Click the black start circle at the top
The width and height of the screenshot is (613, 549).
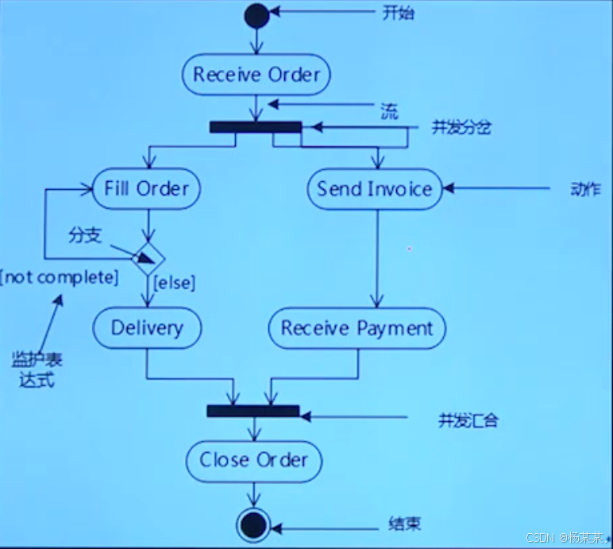tap(256, 15)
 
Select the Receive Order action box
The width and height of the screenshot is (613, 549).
tap(256, 75)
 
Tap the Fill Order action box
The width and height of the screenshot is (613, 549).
tap(147, 189)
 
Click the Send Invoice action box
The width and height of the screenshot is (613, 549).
tap(374, 189)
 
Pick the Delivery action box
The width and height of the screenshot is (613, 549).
tap(147, 327)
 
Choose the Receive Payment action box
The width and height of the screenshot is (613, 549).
tap(357, 328)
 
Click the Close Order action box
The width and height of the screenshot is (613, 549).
tap(253, 459)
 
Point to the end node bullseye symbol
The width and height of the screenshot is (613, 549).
tap(253, 525)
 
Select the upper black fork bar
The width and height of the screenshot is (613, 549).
tap(256, 126)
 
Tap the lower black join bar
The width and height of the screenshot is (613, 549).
tap(253, 411)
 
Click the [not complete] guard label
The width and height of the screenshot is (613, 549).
tap(60, 278)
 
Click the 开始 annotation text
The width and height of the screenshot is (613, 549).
tap(398, 13)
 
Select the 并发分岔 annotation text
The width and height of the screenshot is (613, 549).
tap(461, 127)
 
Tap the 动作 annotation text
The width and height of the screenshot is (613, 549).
tap(585, 189)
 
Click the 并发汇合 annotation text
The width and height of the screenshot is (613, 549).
tap(468, 420)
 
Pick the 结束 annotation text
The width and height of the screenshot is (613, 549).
tap(404, 524)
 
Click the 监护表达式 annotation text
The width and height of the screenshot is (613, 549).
tap(37, 370)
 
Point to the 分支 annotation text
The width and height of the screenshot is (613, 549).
tap(85, 234)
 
